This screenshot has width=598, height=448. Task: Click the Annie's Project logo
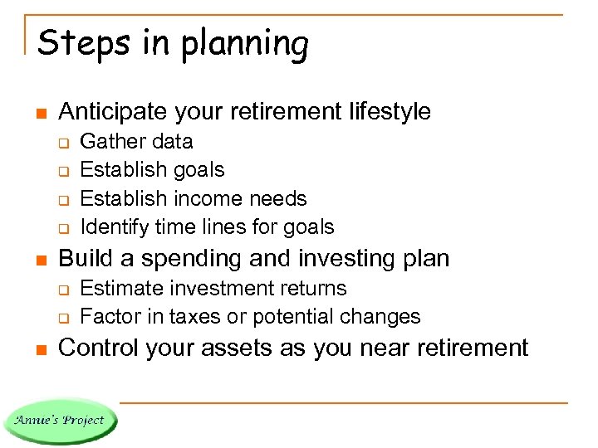coord(60,420)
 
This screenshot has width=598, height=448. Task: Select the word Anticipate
coord(113,111)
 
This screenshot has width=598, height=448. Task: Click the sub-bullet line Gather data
coord(136,142)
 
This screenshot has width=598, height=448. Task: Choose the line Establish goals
coord(152,170)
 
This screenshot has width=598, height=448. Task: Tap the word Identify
coord(115,227)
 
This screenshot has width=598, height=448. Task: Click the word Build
coord(86,258)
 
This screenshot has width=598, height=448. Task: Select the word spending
coord(180,259)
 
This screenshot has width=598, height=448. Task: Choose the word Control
coord(101,348)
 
